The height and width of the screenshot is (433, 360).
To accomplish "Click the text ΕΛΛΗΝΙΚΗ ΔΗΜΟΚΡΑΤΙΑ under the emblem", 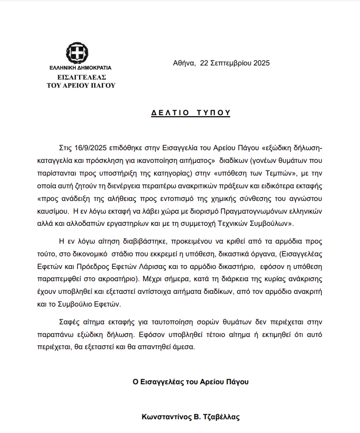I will tap(80, 68).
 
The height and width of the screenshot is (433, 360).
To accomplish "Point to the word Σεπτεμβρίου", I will tap(231, 63).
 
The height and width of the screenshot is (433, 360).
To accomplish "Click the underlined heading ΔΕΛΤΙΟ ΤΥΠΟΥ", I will tap(191, 113).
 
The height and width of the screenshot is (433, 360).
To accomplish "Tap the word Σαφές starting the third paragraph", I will tap(70, 322).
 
